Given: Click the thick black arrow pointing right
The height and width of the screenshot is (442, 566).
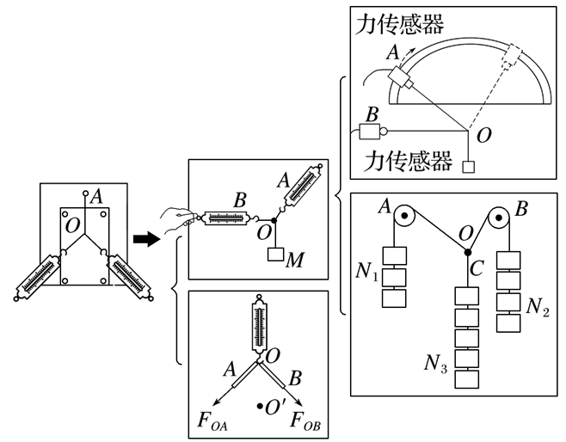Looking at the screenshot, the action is coord(146,239).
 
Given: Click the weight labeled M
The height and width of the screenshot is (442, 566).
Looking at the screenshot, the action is coord(276,254).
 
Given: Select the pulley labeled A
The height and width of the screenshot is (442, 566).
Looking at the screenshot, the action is coord(404,216).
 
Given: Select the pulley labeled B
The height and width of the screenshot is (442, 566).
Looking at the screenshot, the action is coord(499,218).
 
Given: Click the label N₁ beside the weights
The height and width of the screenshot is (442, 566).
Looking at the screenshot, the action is coord(367,271).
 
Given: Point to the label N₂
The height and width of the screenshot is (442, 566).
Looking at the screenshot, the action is coord(538,307).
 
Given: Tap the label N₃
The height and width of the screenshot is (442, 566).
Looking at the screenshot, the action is coord(436,363).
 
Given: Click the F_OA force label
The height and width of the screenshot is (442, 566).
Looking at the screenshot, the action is coord(212,421).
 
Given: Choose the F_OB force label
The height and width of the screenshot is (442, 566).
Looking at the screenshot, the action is coord(305,421).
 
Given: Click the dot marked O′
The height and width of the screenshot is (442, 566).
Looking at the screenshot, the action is coord(260,406).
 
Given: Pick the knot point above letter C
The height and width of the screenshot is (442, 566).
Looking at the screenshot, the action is coord(468,252).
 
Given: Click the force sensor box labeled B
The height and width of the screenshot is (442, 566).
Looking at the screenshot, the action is coord(370,132).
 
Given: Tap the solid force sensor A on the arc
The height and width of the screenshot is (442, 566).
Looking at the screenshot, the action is coord(400,77).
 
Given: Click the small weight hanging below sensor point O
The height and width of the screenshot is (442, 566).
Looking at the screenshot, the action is coord(469,167).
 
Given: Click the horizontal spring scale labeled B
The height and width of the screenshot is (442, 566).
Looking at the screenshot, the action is coord(227,218).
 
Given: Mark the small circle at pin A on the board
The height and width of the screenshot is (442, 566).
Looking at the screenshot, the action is coord(85,193).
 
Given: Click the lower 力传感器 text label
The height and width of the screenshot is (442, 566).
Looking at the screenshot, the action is coord(409,161).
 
